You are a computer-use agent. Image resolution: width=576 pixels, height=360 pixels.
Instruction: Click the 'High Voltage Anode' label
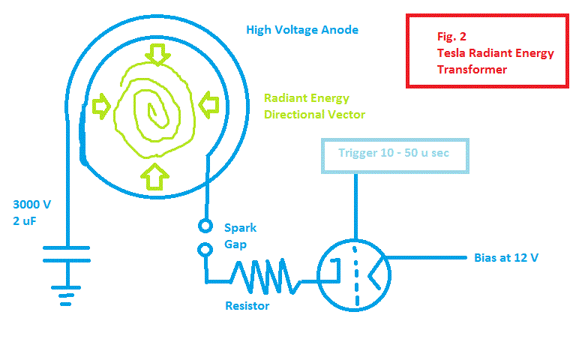(x=302, y=30)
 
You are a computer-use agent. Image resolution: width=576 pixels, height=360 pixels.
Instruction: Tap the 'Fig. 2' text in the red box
(x=452, y=36)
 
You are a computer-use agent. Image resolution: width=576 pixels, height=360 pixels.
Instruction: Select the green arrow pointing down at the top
(x=157, y=53)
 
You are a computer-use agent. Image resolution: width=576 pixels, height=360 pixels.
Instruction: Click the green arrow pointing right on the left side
(x=101, y=106)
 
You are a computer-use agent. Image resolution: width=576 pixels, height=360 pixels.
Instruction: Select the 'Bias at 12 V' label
(x=506, y=257)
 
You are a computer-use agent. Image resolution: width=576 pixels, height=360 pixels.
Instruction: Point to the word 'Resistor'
(x=247, y=305)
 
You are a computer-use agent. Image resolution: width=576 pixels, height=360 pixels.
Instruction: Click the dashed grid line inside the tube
(x=355, y=270)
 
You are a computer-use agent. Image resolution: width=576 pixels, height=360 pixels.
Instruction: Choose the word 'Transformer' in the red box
(x=472, y=70)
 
